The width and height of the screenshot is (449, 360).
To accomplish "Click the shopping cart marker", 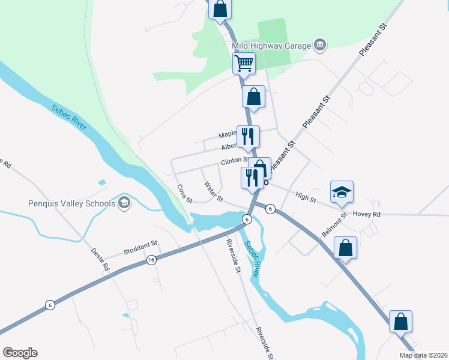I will [x=244, y=63].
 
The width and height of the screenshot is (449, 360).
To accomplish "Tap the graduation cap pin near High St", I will [x=342, y=192].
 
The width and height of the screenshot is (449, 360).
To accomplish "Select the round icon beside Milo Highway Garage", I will [x=319, y=45].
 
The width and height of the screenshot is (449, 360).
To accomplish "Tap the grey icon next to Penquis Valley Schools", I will [x=124, y=202].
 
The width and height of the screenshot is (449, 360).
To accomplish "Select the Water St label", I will [x=213, y=191].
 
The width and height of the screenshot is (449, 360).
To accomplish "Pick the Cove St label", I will [x=184, y=193].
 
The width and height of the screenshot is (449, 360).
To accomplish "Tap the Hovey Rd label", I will [x=367, y=214].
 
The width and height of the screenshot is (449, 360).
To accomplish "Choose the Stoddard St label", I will [x=140, y=244].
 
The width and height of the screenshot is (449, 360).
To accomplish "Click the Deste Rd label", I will [x=100, y=259].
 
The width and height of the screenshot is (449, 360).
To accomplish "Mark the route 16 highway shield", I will [x=151, y=259].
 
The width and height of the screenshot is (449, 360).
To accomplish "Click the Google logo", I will [x=20, y=353].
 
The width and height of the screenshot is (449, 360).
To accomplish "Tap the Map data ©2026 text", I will [x=424, y=355].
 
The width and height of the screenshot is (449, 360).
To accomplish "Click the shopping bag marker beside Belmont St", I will [x=345, y=248].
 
